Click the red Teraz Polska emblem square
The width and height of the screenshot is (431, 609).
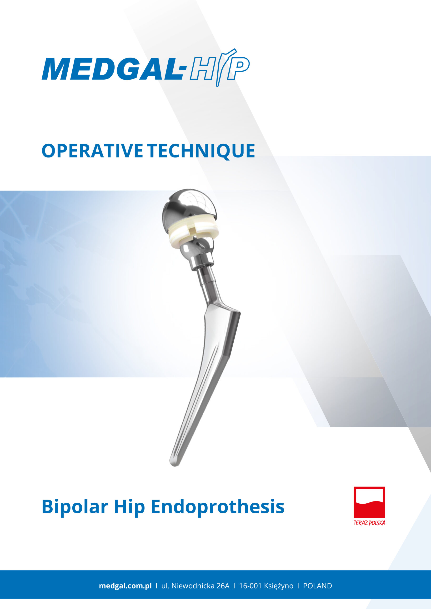[369, 502]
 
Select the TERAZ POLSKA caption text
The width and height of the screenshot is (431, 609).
[369, 523]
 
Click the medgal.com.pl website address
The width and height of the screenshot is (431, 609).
[125, 586]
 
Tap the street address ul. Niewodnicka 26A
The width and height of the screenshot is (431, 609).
[195, 586]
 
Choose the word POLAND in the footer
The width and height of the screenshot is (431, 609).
[317, 586]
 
